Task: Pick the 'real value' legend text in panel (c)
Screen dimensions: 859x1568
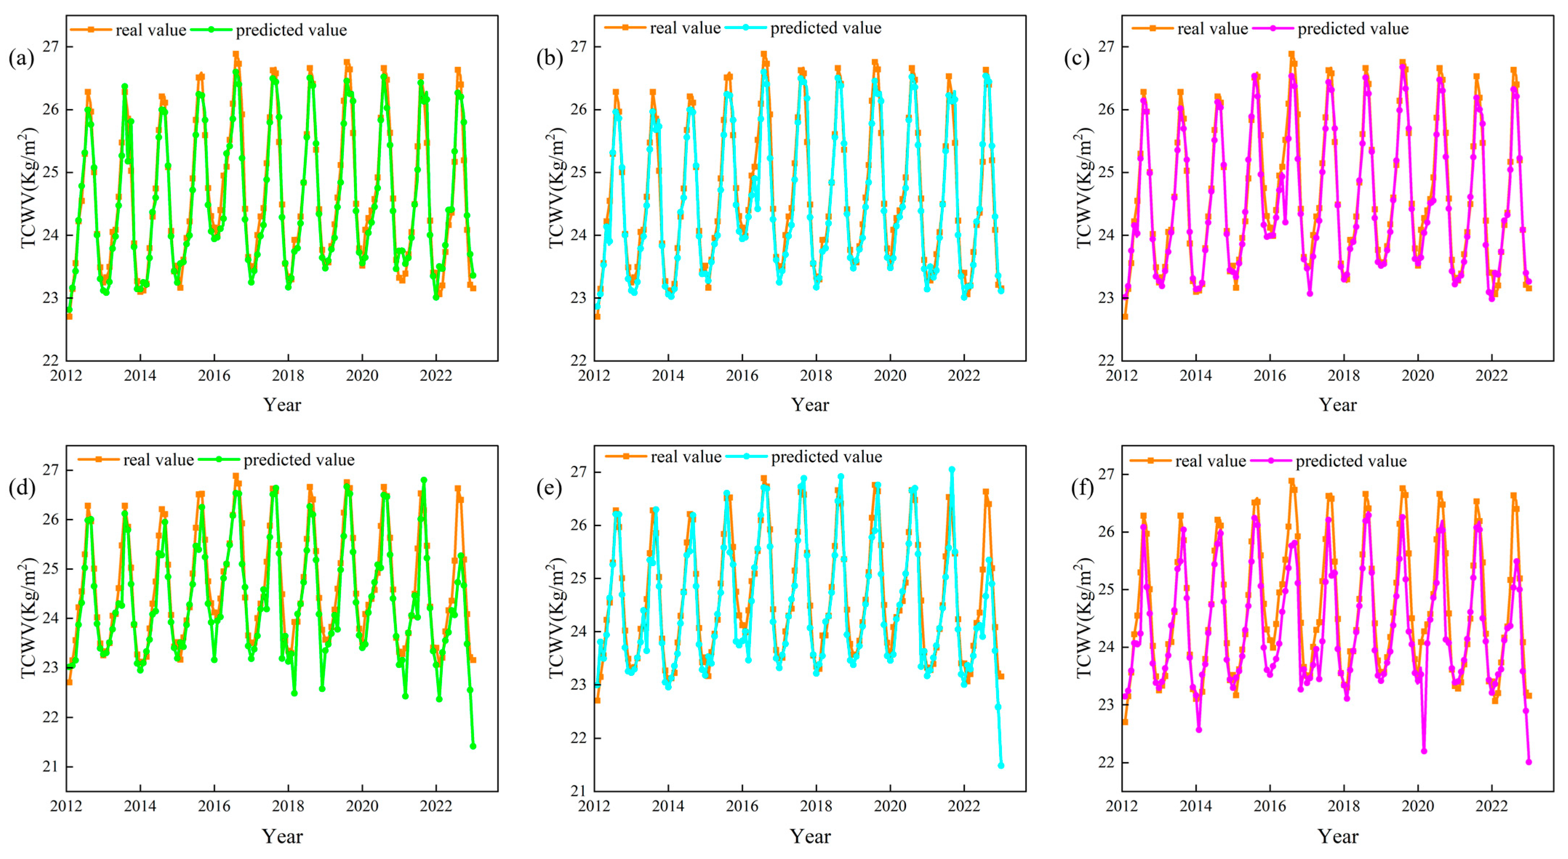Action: pos(1212,29)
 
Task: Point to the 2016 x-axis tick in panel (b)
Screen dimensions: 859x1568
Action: pos(742,375)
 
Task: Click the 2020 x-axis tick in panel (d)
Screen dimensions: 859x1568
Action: pos(362,806)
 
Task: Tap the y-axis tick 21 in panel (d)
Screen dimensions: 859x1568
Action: pos(50,767)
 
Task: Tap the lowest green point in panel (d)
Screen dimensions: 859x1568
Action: pos(473,746)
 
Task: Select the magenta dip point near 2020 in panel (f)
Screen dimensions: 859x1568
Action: pos(1424,751)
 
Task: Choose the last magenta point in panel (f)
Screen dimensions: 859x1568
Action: pos(1528,762)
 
